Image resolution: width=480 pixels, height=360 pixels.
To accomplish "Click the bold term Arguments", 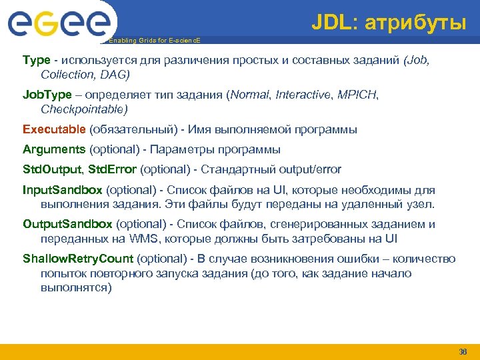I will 54,149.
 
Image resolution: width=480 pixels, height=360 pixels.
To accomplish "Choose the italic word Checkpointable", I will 84,108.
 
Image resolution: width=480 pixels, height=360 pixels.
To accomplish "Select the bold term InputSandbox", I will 63,190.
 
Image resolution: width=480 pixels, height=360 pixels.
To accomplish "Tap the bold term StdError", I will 114,169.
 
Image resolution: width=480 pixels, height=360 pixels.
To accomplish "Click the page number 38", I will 463,351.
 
